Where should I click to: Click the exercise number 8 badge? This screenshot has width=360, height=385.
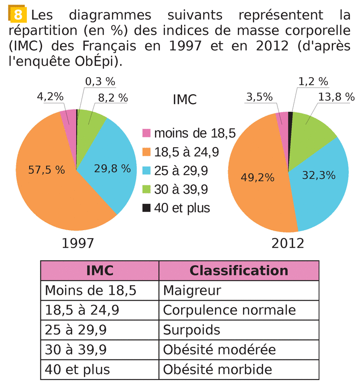point(18,15)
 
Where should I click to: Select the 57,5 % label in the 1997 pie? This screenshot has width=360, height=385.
point(46,170)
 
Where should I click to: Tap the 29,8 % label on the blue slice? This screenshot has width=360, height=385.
point(112,169)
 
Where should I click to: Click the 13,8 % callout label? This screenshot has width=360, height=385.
point(336,96)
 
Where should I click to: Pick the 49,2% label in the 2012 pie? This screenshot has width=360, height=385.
point(257,177)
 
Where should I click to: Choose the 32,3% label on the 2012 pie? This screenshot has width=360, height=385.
point(319,175)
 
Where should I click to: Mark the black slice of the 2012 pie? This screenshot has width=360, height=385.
point(291,118)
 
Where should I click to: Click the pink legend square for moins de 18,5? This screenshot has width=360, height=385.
point(147,133)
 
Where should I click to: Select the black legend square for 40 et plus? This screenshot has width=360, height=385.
point(147,208)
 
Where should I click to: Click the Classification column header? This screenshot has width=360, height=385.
point(239,271)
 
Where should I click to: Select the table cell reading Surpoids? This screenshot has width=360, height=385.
point(192,330)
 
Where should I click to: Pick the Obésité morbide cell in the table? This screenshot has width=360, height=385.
point(217,369)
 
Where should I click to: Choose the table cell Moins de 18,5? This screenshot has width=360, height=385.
point(91,290)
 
